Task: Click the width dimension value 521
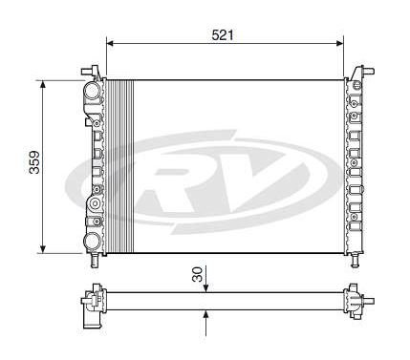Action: (223, 35)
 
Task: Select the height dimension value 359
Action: (34, 162)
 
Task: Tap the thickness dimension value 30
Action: (198, 274)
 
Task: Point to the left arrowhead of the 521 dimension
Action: (110, 43)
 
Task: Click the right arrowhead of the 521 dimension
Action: (339, 43)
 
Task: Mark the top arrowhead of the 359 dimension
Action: (43, 84)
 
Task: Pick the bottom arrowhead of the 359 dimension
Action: (43, 249)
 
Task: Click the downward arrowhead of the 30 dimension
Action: (205, 287)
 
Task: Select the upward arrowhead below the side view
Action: (205, 314)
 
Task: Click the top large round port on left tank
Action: (93, 91)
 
